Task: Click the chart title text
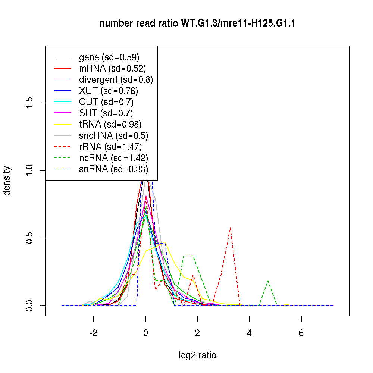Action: point(197,24)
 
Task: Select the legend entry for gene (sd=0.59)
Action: point(109,57)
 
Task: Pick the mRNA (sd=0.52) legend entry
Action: point(112,68)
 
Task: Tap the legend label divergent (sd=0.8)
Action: point(116,79)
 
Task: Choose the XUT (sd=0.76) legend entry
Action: point(109,91)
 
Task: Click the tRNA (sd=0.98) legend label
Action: point(110,124)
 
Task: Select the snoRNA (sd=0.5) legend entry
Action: point(114,135)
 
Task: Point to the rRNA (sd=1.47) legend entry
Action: point(110,147)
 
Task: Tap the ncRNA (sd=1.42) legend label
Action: point(114,158)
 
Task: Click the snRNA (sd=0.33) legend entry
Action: point(113,169)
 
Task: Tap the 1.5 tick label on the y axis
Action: point(29,103)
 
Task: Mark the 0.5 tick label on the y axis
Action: point(29,238)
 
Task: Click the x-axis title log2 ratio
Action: point(197,355)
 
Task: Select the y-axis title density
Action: point(7,181)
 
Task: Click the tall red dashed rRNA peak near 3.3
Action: point(231,227)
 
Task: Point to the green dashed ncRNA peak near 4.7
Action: point(268,281)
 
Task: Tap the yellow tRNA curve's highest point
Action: point(164,242)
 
